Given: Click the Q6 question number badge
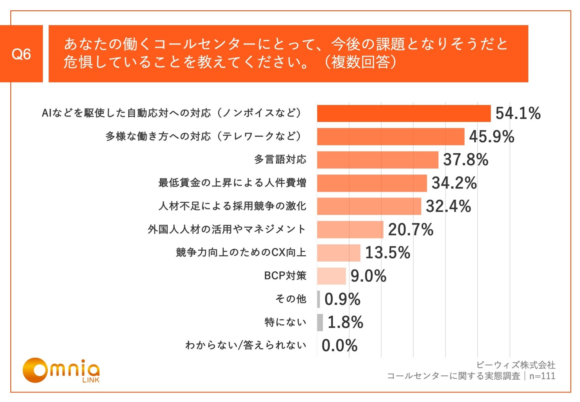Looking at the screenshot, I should tap(21, 54).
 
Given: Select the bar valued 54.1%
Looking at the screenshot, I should tap(404, 113).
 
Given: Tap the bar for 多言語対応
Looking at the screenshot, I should tap(377, 160).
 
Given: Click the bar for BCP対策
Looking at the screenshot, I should tap(331, 276).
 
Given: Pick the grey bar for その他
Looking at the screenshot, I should tap(318, 299).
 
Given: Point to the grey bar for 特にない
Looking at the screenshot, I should tap(320, 322).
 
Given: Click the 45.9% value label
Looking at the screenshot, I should tap(491, 136).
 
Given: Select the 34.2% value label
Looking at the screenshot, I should tap(454, 183).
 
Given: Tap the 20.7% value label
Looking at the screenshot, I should tap(411, 229).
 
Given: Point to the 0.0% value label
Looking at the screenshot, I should tap(340, 345).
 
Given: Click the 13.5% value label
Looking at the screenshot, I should tap(388, 253).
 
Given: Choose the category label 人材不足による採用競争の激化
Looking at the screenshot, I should tap(232, 206).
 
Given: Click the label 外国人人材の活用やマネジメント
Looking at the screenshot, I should tap(227, 229).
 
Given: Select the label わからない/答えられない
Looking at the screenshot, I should tap(246, 345).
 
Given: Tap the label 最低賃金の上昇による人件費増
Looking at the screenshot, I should tap(232, 183).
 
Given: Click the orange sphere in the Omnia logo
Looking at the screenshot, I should tap(35, 370).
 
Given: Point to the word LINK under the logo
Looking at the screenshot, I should tap(91, 380).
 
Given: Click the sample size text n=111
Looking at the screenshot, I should tap(542, 376).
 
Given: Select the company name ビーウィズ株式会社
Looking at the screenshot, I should tap(516, 365).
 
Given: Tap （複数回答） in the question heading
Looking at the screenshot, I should tap(360, 62).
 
